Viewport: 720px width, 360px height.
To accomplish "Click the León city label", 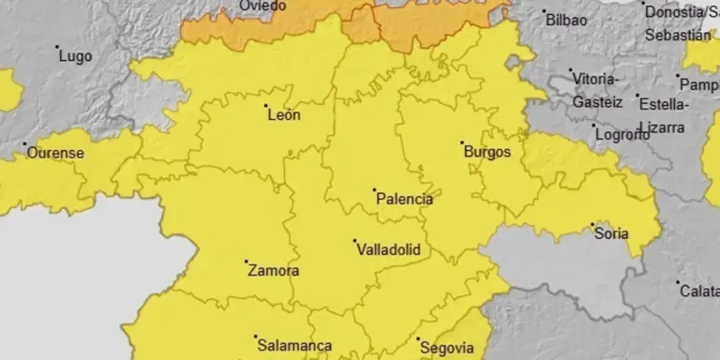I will click(x=284, y=116).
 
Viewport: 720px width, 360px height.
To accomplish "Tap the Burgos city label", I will click(x=487, y=151).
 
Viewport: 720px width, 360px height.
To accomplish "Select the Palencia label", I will click(x=404, y=200).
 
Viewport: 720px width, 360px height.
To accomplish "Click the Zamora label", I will click(x=273, y=272).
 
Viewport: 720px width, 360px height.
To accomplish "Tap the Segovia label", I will click(x=447, y=348).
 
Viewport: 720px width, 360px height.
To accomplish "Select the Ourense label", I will click(x=55, y=153).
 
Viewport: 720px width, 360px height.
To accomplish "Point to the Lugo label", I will click(x=75, y=56).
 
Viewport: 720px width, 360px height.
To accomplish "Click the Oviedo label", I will click(x=263, y=7).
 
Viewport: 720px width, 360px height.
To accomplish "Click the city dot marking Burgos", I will click(x=462, y=143).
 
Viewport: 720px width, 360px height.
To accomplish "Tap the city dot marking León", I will click(x=266, y=107).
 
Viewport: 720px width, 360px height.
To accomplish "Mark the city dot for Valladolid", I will click(x=355, y=241).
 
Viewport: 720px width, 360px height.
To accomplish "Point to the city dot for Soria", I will click(x=592, y=224).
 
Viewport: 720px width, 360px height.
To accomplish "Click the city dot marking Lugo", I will click(x=57, y=47).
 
